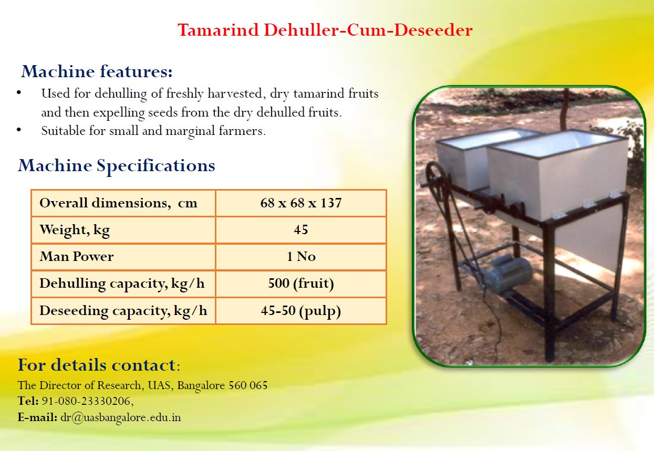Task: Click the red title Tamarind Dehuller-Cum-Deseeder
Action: click(325, 30)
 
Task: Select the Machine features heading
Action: click(97, 71)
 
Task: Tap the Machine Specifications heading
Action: click(117, 166)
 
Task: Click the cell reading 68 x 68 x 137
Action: click(301, 203)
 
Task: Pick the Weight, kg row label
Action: click(75, 230)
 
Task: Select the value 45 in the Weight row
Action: click(301, 230)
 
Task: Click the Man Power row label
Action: click(77, 257)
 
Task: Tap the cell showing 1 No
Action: click(302, 257)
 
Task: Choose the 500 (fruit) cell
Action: click(301, 284)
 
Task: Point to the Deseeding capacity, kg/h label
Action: click(123, 311)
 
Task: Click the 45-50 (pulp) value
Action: click(301, 311)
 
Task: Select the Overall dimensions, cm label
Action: click(118, 203)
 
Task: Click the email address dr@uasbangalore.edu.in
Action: click(121, 418)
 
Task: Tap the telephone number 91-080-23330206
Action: click(88, 402)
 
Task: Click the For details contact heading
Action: click(99, 365)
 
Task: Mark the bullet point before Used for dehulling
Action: click(19, 93)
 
